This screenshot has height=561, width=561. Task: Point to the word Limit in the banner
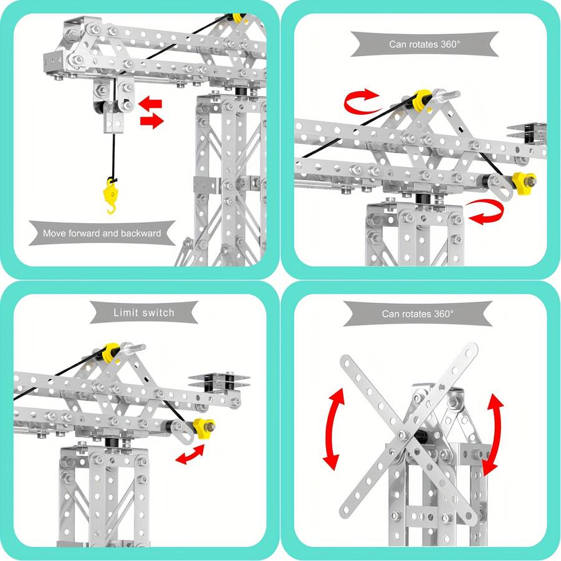pos(127,312)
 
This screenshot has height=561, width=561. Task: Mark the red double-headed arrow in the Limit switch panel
pos(190,455)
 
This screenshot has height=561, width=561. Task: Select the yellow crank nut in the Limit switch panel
pos(203,428)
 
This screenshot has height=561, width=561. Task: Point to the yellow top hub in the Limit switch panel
pos(111,352)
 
